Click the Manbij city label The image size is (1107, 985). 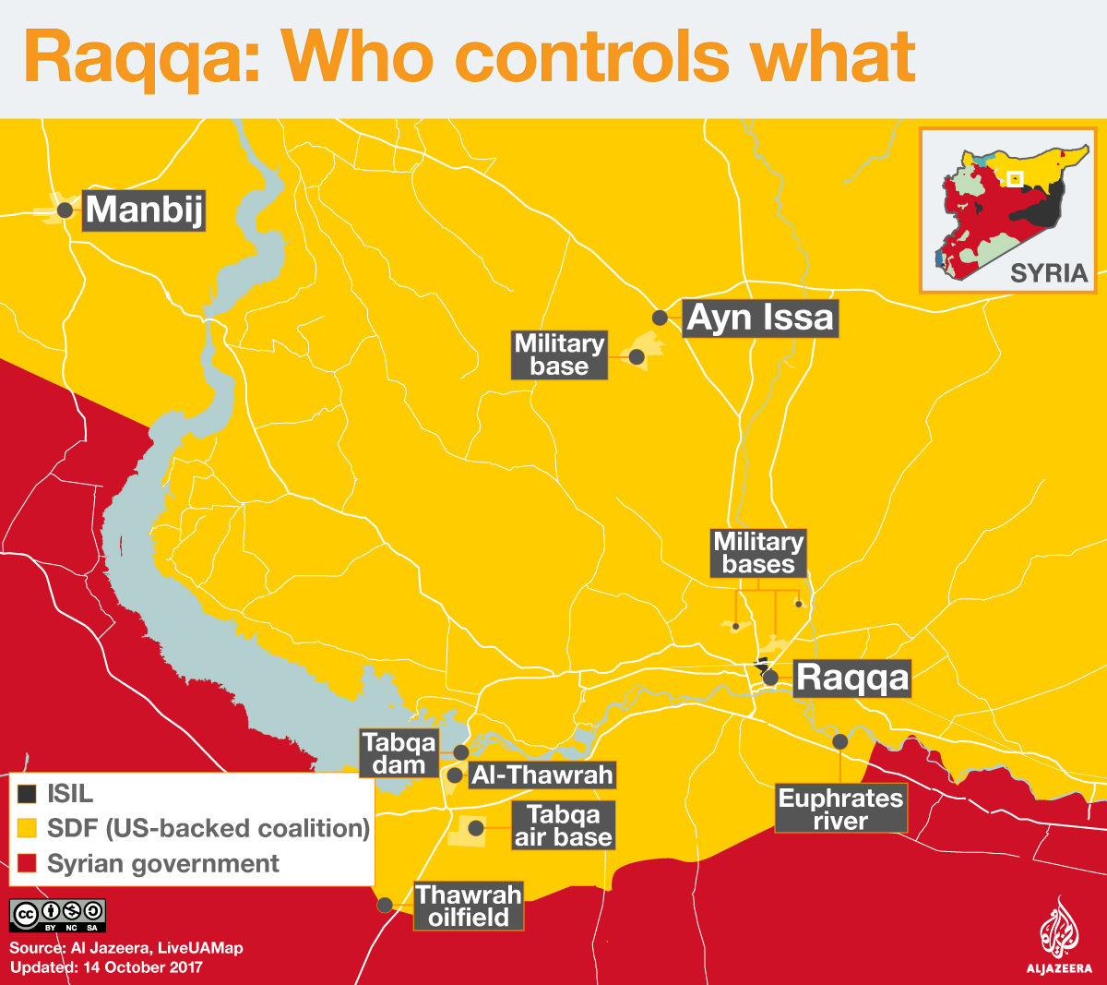point(144,210)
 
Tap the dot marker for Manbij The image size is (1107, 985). point(65,210)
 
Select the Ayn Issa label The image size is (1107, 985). point(760,318)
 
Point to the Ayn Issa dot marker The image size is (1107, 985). point(660,318)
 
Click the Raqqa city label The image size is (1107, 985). point(851,678)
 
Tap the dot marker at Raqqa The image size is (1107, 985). point(771,679)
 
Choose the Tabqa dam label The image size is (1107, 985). point(399,753)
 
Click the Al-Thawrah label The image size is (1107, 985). point(542,775)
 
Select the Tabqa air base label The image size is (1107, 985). point(563,825)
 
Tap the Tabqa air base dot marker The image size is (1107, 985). point(476,828)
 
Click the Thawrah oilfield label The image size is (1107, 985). point(469,906)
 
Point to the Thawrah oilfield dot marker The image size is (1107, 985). point(386,905)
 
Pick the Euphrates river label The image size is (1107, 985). point(840,809)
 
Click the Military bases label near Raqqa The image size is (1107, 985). point(758,553)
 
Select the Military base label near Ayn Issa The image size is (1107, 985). point(559,355)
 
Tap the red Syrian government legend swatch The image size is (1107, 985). point(28,864)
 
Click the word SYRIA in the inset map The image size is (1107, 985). point(1049,272)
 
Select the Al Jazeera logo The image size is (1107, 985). point(1059,937)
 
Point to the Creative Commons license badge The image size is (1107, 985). point(58,915)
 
